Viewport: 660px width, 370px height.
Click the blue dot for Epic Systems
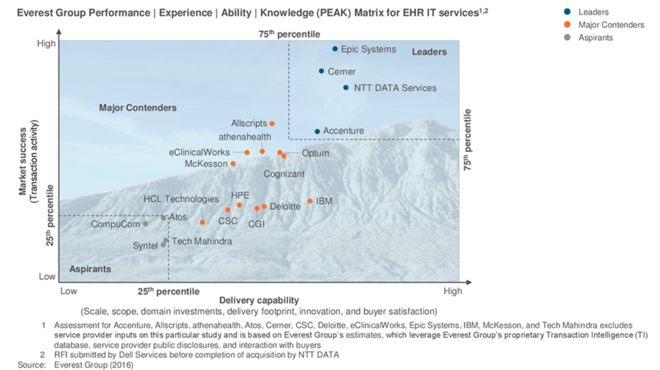335,49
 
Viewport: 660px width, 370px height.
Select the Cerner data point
322,71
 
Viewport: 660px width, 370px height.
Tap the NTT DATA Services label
395,88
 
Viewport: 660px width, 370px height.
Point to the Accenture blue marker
317,131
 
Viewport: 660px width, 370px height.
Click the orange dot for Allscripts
272,123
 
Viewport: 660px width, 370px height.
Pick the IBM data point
310,201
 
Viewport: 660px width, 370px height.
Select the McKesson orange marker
233,164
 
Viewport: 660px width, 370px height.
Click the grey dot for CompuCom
146,224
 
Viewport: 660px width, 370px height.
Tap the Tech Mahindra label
202,241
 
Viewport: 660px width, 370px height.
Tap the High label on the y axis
46,43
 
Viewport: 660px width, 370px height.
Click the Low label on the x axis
68,291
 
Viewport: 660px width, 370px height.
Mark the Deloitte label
285,207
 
